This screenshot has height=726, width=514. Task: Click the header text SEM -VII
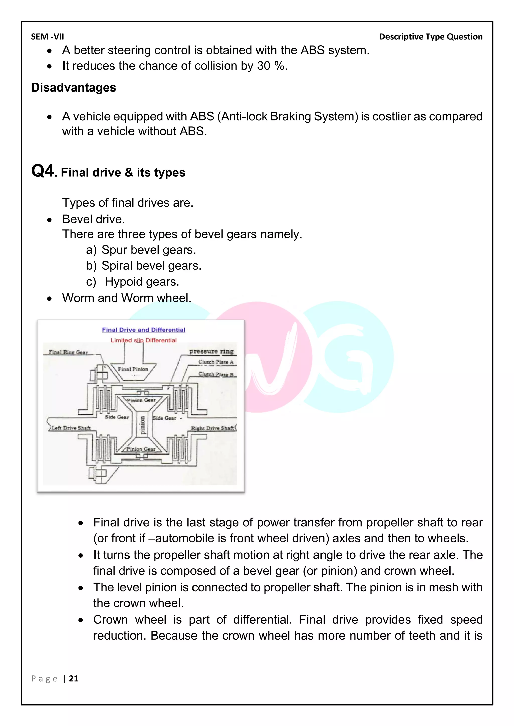point(47,37)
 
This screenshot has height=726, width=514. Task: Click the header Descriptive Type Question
point(430,37)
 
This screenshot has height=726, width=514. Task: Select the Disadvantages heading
point(74,87)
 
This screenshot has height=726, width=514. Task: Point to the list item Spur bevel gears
point(148,250)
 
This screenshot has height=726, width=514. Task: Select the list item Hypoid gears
point(142,282)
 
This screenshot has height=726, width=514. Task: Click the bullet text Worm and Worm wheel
point(126,298)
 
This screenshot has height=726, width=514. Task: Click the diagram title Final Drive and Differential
point(143,330)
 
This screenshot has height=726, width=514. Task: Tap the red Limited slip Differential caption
point(143,340)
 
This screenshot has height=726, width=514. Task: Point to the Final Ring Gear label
point(68,352)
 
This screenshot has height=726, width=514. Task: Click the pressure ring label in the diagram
point(211,351)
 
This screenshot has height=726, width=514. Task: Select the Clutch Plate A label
point(216,362)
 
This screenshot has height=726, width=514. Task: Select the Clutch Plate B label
point(216,374)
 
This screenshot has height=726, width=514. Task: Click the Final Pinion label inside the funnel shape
point(133,369)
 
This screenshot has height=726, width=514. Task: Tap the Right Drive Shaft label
point(212,428)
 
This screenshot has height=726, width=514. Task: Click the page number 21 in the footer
point(74,679)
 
